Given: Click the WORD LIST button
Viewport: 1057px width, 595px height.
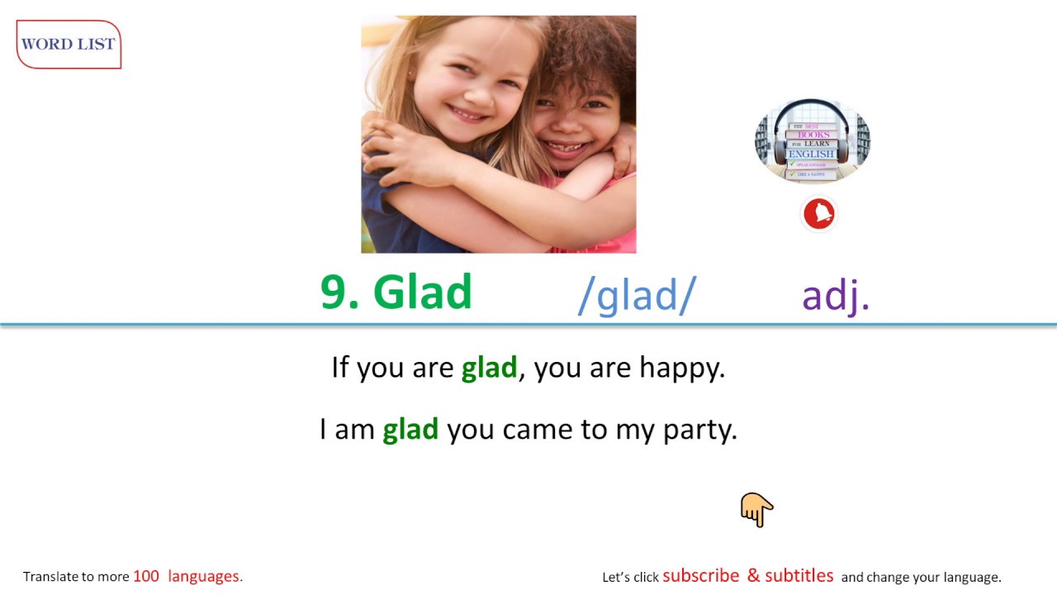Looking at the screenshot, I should pos(69,45).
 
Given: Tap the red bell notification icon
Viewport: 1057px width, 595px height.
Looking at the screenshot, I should pos(819,214).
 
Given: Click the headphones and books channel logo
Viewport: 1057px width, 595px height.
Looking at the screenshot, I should pos(813,141).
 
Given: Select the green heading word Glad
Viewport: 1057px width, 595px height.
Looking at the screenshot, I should pos(422,293).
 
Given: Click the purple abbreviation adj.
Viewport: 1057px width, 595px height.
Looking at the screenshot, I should pos(836,295).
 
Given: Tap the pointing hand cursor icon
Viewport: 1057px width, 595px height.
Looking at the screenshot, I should pos(756,510).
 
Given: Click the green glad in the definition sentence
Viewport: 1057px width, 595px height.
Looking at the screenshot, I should pos(489,368).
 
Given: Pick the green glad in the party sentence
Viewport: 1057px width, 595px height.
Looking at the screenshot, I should pos(410,430).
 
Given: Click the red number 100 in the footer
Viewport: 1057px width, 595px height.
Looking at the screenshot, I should pos(145,577).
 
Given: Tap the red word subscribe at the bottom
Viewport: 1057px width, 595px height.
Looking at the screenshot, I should pos(700,576).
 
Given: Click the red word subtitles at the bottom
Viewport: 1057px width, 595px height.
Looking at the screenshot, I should pos(799,576).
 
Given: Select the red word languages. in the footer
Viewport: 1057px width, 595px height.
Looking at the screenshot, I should pos(205,577).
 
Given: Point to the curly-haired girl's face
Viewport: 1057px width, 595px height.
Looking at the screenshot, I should pos(574,116).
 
